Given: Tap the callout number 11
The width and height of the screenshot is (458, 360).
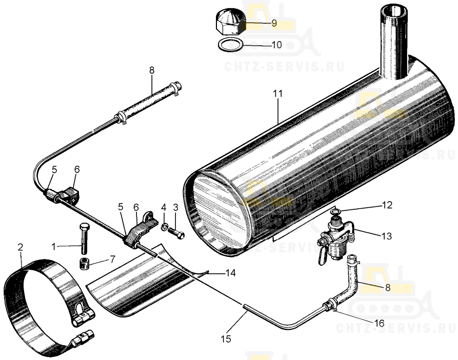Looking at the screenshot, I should pyautogui.click(x=278, y=94).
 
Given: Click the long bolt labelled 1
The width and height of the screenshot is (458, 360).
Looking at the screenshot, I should pyautogui.click(x=84, y=238).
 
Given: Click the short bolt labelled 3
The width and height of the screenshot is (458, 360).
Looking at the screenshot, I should pyautogui.click(x=178, y=233).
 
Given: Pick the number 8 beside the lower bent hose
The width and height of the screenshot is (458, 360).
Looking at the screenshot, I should pyautogui.click(x=388, y=288).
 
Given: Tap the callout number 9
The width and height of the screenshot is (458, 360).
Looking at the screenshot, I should pyautogui.click(x=273, y=23).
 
